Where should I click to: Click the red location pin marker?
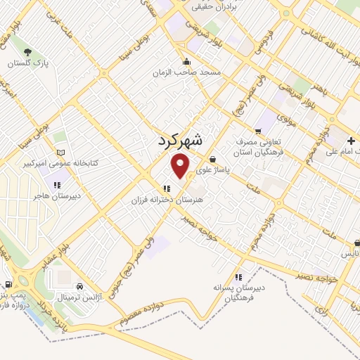[181, 166]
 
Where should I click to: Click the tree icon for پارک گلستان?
[27, 52]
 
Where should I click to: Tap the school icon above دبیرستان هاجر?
[56, 185]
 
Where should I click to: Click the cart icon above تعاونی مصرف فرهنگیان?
[258, 131]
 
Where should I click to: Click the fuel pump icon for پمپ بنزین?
[8, 285]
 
